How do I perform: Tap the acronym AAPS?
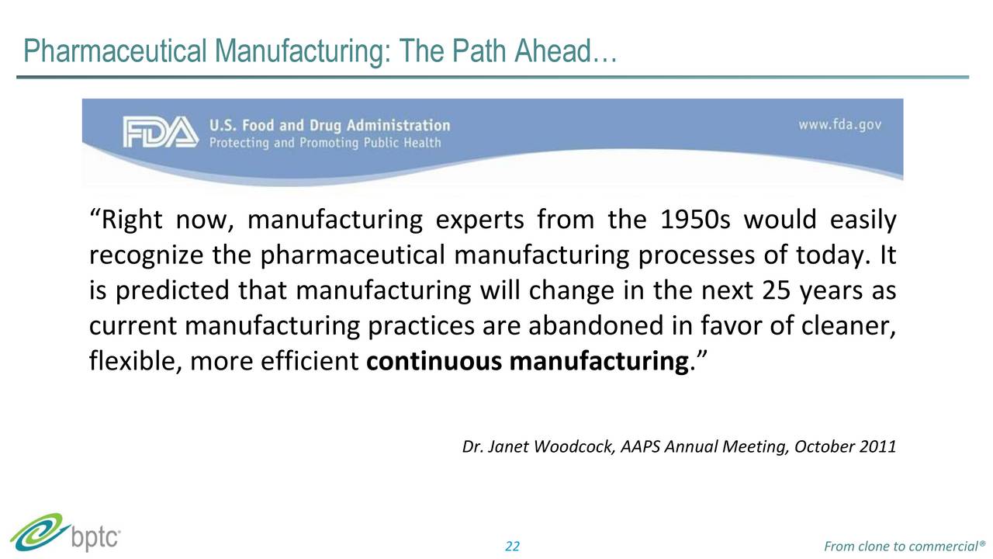[640, 447]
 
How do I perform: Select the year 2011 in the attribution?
[879, 447]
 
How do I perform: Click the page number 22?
[512, 547]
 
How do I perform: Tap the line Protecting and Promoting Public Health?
[324, 143]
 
